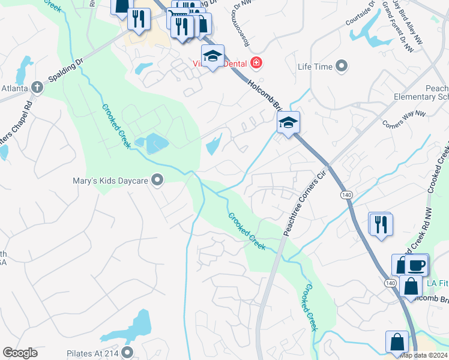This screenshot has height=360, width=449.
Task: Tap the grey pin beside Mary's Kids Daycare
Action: [158, 179]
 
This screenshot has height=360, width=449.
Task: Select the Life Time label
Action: [315, 67]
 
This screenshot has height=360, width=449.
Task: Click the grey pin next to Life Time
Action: [343, 66]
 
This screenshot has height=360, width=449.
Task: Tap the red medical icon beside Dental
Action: [256, 62]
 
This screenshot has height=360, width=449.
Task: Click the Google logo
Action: [20, 353]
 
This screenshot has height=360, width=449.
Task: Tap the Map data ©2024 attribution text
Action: [424, 355]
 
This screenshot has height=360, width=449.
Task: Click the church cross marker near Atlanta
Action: [37, 88]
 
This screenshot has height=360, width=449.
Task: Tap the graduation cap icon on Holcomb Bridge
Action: [288, 122]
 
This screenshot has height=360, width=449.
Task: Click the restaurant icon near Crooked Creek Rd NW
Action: [380, 224]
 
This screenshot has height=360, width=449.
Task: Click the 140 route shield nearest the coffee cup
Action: [391, 283]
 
